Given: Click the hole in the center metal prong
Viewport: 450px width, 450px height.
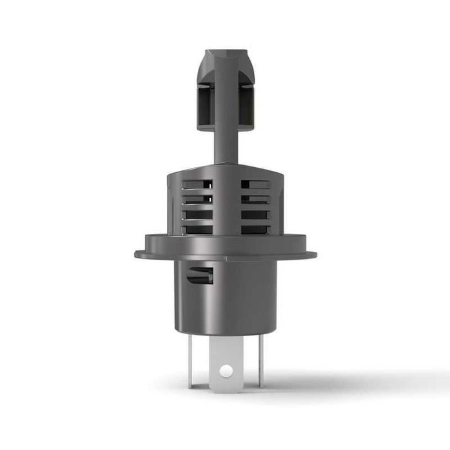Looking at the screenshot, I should tap(225, 370).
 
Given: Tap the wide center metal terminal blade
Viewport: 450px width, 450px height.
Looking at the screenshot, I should tap(225, 360).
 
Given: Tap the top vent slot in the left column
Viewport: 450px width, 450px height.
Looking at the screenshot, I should tap(197, 184).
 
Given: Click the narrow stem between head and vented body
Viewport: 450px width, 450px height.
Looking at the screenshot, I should tap(225, 145).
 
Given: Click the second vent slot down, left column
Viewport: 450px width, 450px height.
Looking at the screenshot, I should tap(197, 200).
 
